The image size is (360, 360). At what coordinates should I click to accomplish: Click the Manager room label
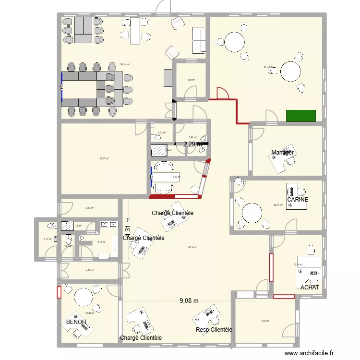click(x=282, y=153)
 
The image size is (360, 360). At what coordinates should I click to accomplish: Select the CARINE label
click(x=298, y=200)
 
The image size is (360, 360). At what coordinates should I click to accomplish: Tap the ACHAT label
click(x=310, y=288)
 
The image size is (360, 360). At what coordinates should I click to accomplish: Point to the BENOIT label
click(x=77, y=322)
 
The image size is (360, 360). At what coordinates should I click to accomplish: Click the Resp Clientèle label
click(x=214, y=330)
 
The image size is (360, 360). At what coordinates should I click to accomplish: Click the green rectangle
click(x=301, y=116)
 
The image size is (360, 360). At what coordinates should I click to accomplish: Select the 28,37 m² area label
click(x=104, y=159)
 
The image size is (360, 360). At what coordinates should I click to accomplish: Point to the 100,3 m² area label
click(x=192, y=248)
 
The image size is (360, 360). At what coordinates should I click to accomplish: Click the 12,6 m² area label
click(x=265, y=321)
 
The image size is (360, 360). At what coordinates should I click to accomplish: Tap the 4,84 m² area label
click(x=191, y=80)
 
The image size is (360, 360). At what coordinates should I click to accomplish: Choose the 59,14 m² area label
click(x=125, y=64)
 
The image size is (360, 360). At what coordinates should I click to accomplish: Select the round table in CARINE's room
click(x=252, y=212)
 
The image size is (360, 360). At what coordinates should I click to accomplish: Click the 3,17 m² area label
click(x=47, y=239)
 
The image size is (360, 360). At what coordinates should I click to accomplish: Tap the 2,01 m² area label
click(x=162, y=133)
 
